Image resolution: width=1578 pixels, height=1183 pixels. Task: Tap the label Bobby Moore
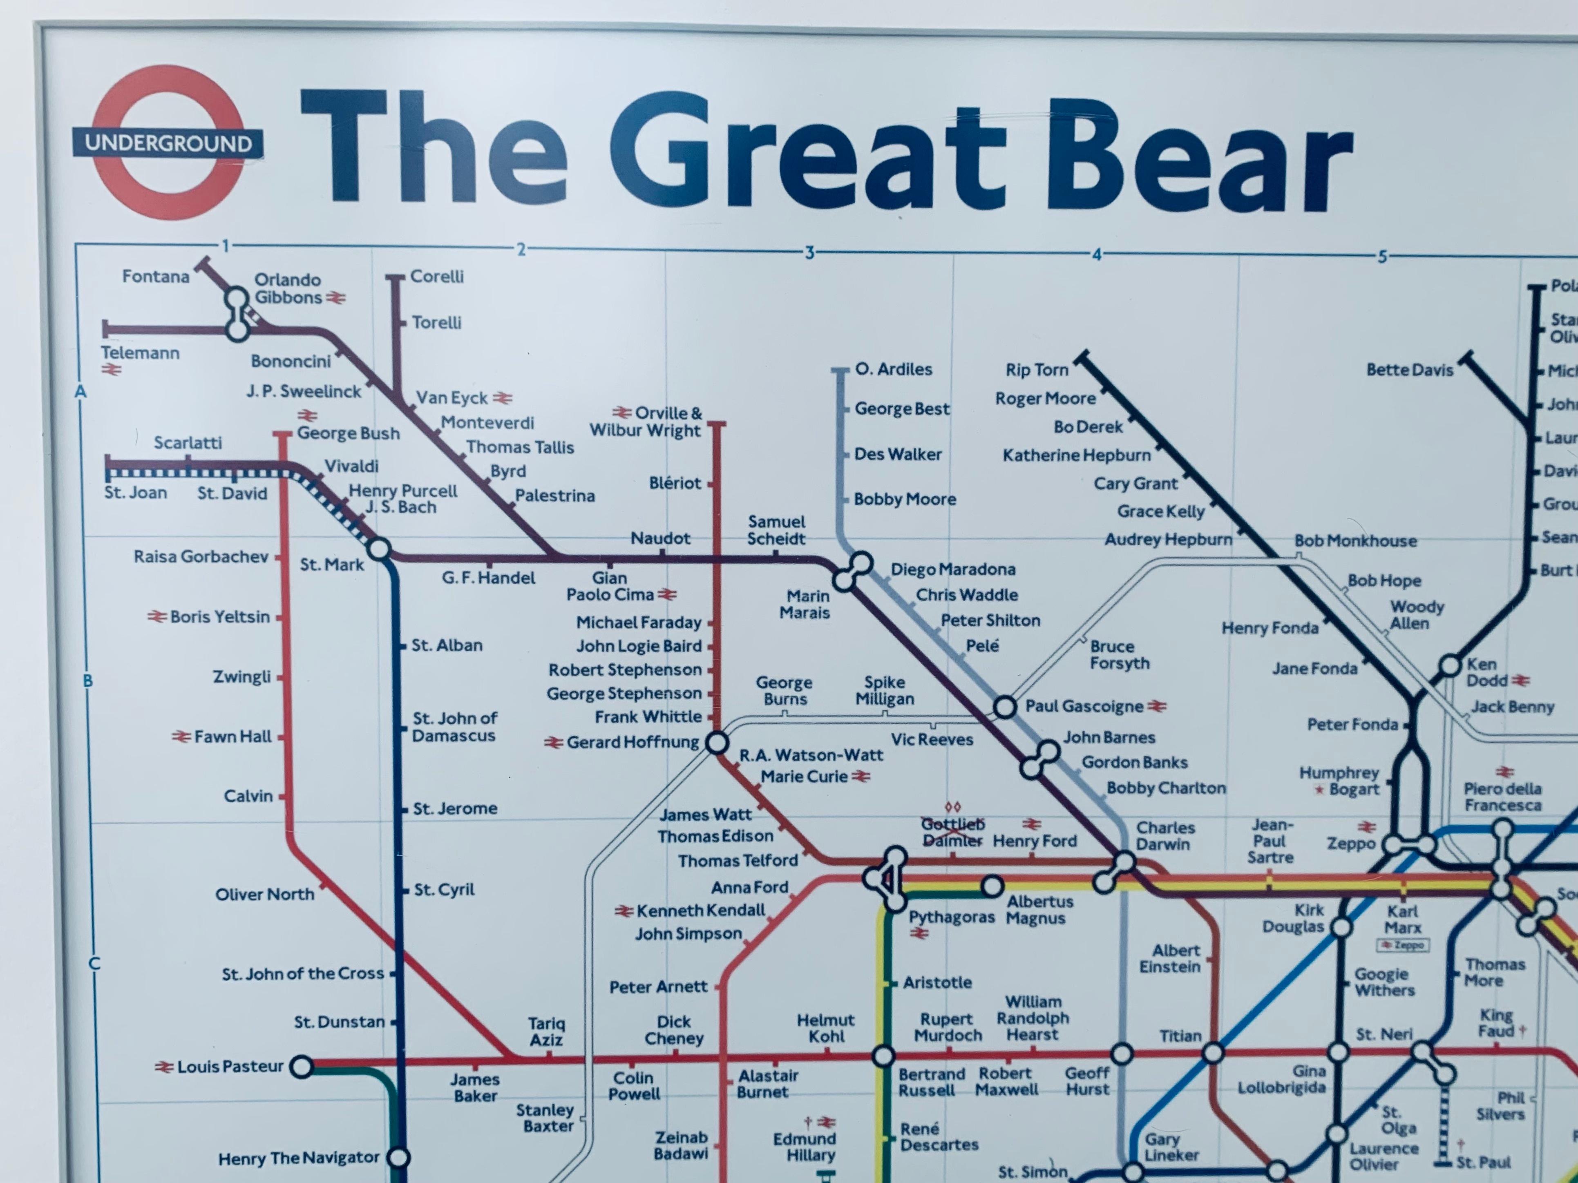click(x=905, y=499)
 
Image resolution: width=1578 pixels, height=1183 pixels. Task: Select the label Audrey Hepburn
click(x=1168, y=540)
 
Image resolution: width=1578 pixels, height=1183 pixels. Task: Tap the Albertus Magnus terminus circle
click(x=992, y=886)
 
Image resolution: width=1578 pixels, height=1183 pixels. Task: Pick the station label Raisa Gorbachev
click(x=201, y=556)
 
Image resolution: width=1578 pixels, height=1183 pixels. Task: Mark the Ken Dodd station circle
click(x=1450, y=665)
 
